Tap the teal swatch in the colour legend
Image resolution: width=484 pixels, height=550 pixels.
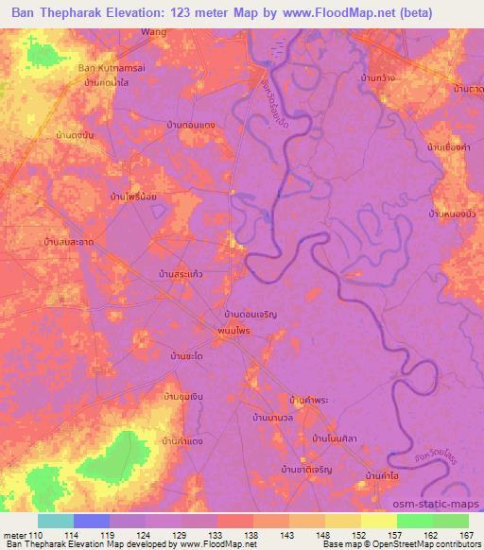(x=56, y=521)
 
